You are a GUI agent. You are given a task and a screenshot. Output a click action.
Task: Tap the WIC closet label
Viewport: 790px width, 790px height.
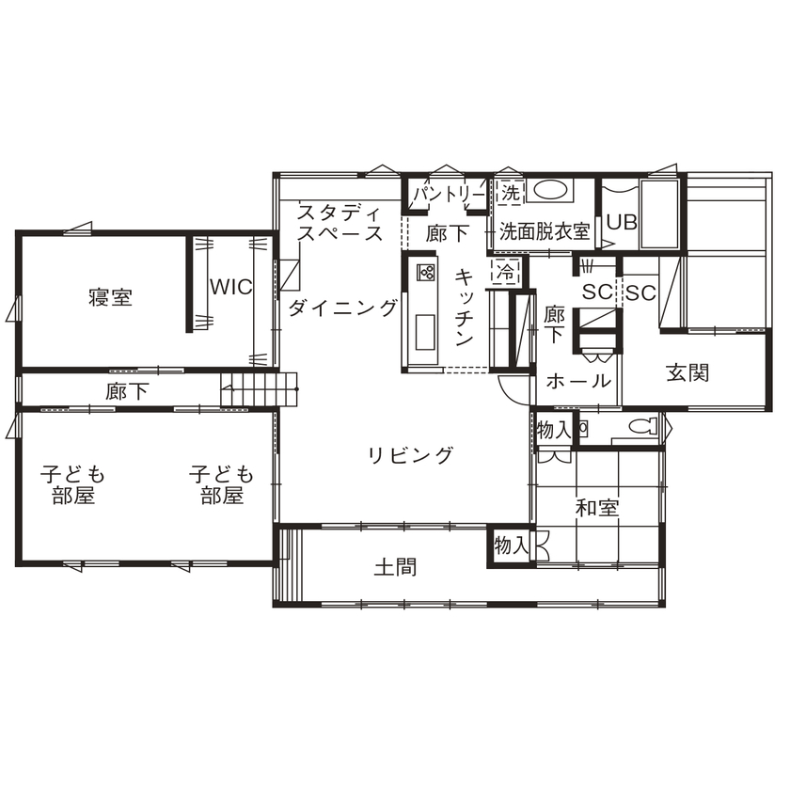point(230,287)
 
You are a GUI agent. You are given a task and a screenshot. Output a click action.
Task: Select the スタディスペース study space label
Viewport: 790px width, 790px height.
point(340,223)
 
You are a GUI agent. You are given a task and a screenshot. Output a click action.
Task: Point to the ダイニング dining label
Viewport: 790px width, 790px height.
point(342,308)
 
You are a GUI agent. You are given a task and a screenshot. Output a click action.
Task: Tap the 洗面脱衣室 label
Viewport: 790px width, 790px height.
point(544,229)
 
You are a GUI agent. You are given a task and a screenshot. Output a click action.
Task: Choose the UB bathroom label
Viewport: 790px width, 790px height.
point(622,223)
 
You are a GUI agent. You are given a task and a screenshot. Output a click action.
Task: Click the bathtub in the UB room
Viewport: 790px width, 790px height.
point(658,214)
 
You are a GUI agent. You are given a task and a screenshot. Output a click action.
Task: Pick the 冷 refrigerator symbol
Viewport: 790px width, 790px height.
point(505,274)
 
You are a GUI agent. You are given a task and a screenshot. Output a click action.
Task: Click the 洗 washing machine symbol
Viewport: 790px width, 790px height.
point(509,194)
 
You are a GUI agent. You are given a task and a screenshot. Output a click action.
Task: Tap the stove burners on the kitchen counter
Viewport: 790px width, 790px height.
point(425,274)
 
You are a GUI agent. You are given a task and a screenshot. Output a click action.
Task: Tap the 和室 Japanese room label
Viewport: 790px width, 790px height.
point(597,508)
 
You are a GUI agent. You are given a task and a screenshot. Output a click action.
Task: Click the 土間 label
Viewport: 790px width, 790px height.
point(395,568)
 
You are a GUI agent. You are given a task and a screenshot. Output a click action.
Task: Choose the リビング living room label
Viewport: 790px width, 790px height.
point(410,456)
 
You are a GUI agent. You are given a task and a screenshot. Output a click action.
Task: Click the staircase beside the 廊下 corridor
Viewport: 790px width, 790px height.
point(259,387)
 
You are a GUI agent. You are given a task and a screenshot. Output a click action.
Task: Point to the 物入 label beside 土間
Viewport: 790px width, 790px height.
point(512,545)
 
